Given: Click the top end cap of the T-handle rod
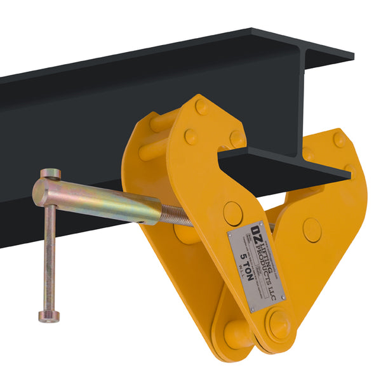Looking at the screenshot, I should tap(51, 173).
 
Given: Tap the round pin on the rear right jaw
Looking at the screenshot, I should tap(312, 229).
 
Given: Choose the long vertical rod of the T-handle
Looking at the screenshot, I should tap(48, 254).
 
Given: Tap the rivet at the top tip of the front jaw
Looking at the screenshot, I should tap(201, 106).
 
